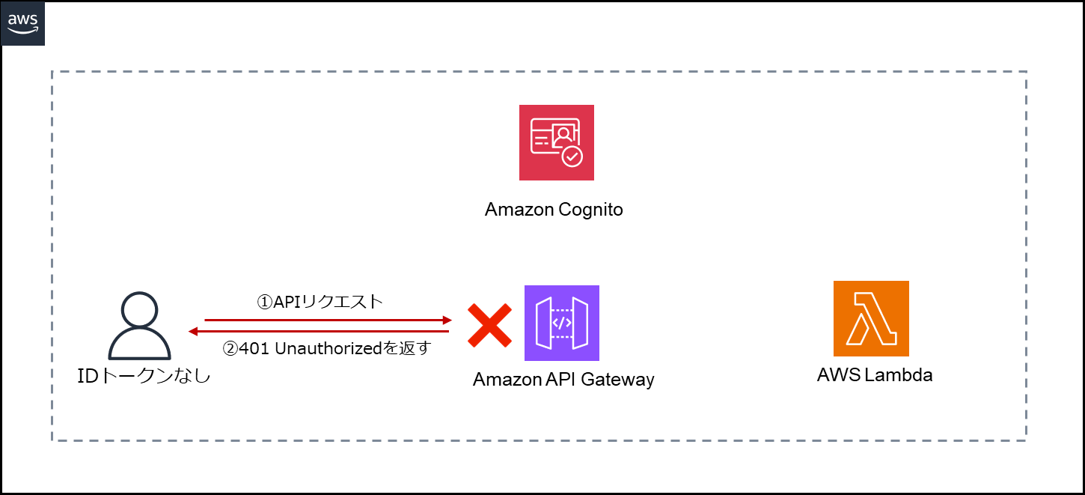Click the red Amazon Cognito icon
point(556,142)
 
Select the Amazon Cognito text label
point(554,210)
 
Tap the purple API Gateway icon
point(561,323)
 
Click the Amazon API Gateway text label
point(563,380)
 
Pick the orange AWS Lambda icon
point(871,318)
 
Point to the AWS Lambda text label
point(875,375)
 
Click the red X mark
point(489,325)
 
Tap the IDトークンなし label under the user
point(144,376)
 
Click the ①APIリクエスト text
point(320,302)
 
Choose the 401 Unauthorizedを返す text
point(328,348)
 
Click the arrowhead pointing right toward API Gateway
point(447,320)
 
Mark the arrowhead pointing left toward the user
point(193,331)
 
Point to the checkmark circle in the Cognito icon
point(572,156)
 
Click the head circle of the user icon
point(140,309)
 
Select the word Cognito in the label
point(590,210)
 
